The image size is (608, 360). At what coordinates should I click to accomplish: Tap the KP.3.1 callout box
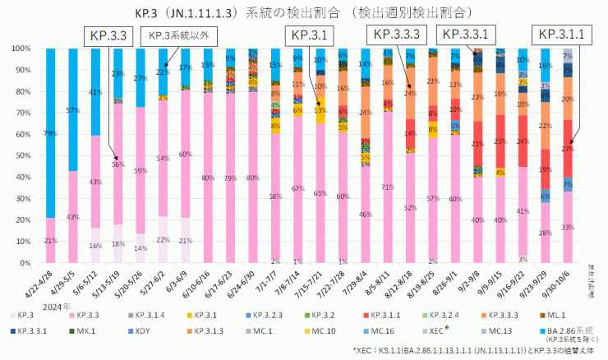[308, 35]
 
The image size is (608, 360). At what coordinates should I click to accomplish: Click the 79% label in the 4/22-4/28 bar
[51, 133]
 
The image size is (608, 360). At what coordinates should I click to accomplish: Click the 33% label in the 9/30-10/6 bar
[568, 226]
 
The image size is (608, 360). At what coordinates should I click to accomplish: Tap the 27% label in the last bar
[568, 149]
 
